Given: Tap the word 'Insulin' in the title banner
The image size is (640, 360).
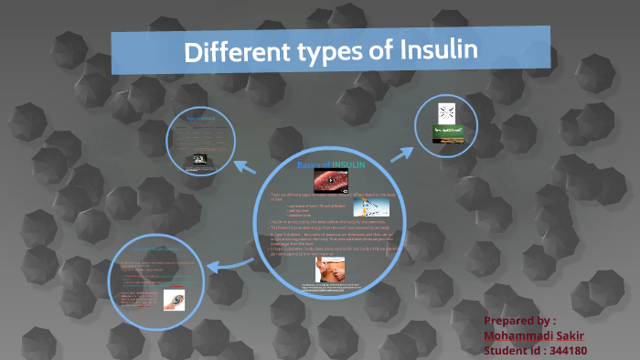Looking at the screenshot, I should pyautogui.click(x=438, y=49).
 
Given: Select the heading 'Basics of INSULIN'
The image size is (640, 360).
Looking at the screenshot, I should pyautogui.click(x=330, y=164).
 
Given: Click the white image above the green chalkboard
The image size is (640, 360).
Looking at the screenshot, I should pyautogui.click(x=447, y=113).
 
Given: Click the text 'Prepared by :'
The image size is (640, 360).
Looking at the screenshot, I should pyautogui.click(x=519, y=321).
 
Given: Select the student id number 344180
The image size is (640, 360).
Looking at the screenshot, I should pyautogui.click(x=568, y=350).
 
